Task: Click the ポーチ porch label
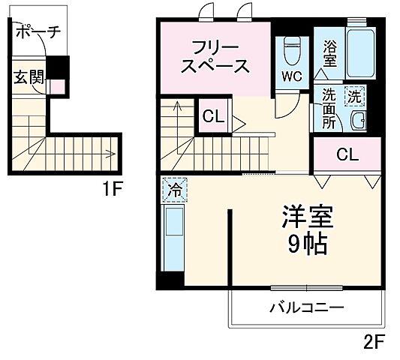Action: pos(38,32)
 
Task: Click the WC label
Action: pos(293,76)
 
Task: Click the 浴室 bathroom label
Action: pos(330,55)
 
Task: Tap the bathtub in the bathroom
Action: pos(361,52)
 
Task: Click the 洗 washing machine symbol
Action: pos(354,96)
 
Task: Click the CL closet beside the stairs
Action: pos(212,117)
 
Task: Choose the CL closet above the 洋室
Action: pos(347,155)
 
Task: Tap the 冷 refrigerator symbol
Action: pos(174,190)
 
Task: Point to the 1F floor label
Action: pos(112,189)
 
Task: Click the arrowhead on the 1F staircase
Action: pos(112,155)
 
